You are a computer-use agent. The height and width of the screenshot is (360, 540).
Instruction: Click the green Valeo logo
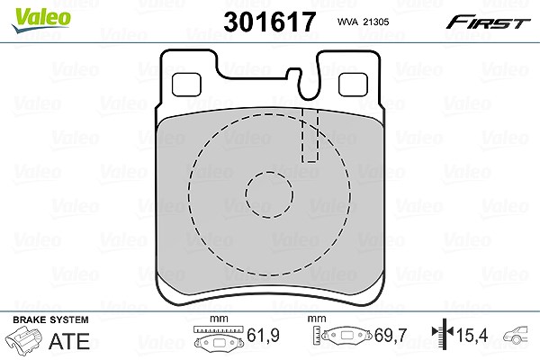coord(41,20)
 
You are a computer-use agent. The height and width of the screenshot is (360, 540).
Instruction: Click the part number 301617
coord(270,22)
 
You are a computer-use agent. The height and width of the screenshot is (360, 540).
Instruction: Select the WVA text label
coord(347,22)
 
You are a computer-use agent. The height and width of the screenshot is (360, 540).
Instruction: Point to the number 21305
coord(376,22)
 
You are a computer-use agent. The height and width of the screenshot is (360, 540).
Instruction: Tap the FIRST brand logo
coord(488,22)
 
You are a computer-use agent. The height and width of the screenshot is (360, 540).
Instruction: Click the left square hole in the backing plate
coord(186,85)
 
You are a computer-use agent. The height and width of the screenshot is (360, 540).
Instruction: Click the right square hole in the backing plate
coord(353,85)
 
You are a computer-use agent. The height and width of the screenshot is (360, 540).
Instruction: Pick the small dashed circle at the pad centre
coord(269,194)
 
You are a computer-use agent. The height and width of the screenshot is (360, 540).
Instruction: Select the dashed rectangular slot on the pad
coord(310,135)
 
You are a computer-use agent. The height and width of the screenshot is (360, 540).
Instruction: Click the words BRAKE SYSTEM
coord(50,319)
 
